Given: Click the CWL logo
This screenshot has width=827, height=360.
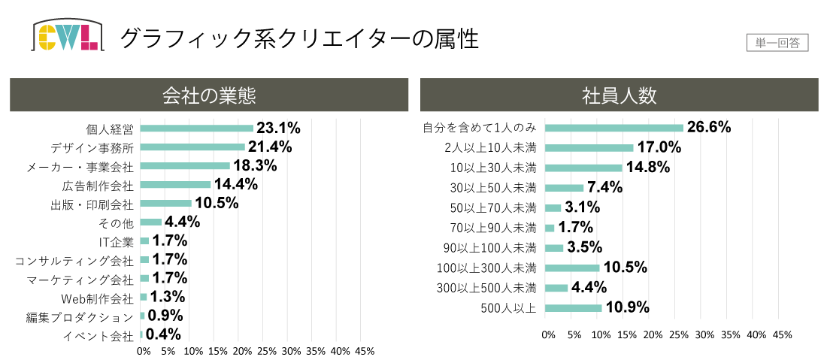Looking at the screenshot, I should tap(67, 36).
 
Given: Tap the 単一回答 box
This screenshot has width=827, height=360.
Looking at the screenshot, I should tap(777, 43).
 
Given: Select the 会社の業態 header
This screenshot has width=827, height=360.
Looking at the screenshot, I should tap(209, 95).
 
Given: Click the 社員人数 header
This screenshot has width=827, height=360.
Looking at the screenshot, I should tap(619, 95).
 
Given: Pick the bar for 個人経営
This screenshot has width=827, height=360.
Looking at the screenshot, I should tap(196, 128).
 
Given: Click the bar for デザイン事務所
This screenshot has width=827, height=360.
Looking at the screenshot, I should tap(192, 147).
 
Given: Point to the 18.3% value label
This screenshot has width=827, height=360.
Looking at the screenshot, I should tap(255, 165).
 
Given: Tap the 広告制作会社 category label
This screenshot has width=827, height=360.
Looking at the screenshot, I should tap(97, 185).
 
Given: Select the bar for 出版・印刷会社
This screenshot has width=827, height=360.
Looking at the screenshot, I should tap(165, 204).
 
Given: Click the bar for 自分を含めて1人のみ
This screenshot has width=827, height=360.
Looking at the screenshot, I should tap(613, 128).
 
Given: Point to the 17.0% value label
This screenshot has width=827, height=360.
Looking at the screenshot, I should tap(659, 147).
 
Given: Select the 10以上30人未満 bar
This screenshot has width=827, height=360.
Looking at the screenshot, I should tap(583, 168).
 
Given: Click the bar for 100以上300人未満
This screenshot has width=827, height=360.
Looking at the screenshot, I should tap(572, 268).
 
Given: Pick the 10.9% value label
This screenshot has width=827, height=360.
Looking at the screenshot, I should tap(626, 307).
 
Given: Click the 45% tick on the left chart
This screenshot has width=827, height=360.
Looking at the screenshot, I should tap(365, 351).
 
